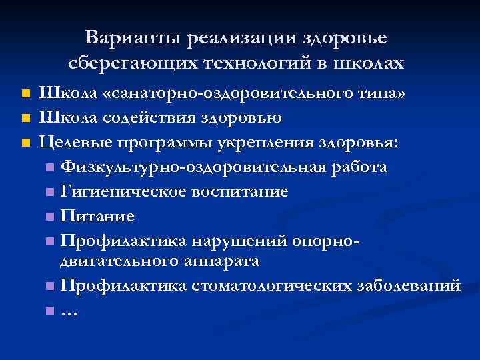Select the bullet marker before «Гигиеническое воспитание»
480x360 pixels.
pos(51,193)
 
